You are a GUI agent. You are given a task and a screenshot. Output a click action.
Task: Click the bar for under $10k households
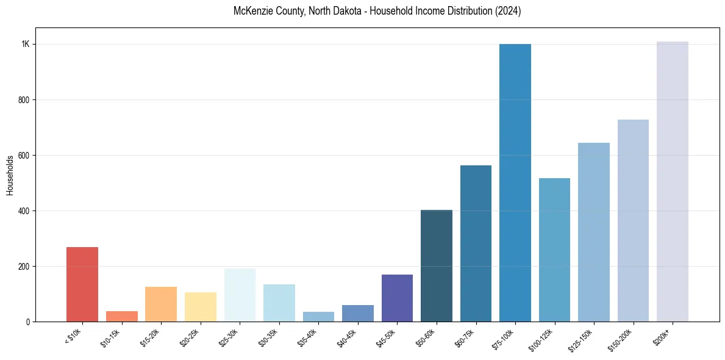[x=82, y=284]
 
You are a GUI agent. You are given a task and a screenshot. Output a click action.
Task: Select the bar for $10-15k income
[x=121, y=316]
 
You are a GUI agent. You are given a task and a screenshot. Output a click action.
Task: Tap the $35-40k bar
[x=318, y=317]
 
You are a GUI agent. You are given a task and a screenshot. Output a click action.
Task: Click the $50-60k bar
[x=437, y=265]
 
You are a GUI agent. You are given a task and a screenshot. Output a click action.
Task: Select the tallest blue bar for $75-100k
[x=515, y=183]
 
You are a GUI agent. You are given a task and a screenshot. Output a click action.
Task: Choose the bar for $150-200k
[x=633, y=220]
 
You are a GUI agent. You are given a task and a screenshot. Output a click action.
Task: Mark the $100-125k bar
[x=554, y=250]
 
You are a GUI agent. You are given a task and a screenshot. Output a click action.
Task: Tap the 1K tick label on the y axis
[x=26, y=45]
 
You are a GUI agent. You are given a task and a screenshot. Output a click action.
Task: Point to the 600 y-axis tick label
[x=24, y=156]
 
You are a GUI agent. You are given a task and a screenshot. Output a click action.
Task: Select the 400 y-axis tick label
[x=24, y=211]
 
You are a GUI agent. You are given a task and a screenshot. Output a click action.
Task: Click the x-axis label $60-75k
[x=465, y=337]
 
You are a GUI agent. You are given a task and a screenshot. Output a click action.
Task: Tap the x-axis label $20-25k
[x=189, y=337]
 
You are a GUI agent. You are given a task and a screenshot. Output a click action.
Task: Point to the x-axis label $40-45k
[x=346, y=337]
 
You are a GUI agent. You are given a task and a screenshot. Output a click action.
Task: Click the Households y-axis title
[x=10, y=175]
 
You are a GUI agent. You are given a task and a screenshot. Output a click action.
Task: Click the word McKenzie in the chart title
[x=251, y=11]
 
